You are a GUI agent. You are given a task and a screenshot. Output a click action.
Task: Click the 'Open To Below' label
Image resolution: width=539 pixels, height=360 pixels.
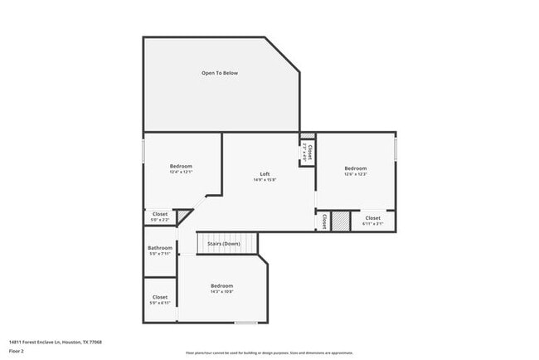coord(220,73)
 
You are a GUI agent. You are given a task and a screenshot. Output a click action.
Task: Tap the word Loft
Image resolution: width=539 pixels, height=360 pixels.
coord(265,173)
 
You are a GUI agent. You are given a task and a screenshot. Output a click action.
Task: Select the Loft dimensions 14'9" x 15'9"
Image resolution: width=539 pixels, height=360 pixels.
coord(265,180)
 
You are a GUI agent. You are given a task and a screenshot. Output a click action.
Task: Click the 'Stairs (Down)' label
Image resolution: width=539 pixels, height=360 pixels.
coord(223,244)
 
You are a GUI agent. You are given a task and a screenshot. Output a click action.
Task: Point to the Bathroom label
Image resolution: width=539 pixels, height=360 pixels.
coord(160,248)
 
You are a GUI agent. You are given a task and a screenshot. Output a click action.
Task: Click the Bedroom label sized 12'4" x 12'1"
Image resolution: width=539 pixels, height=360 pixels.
coord(181,167)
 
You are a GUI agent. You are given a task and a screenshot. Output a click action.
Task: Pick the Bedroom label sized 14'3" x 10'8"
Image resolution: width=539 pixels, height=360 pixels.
coord(221,286)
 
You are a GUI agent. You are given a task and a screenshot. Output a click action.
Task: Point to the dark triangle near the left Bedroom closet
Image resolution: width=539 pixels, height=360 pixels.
coord(182,216)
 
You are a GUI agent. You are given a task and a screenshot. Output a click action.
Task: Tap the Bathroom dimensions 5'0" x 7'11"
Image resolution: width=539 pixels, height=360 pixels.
coord(160,254)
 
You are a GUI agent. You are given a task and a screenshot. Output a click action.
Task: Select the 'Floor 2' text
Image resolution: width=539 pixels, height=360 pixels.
coord(17,351)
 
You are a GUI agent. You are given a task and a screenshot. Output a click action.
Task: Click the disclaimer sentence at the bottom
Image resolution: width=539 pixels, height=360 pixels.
coord(269,352)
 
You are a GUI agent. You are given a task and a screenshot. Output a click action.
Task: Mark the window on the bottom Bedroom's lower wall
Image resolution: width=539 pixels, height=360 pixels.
coord(245,323)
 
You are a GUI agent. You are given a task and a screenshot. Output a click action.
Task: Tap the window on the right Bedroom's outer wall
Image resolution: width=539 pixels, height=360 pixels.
coord(396,149)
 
